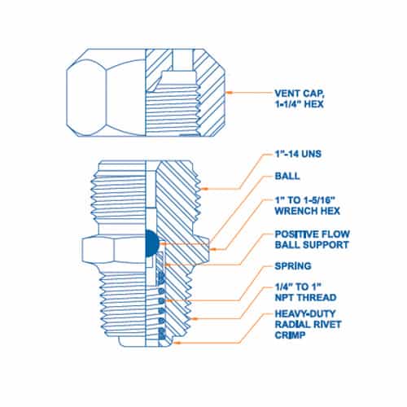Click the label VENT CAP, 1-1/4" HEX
click(300, 98)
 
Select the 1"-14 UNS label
click(298, 154)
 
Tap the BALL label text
click(287, 176)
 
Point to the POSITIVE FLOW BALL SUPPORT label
click(312, 239)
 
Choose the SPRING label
click(293, 266)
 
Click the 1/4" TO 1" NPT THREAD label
click(305, 292)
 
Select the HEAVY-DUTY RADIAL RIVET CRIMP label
click(308, 325)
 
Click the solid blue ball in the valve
click(151, 243)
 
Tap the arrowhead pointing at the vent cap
click(230, 93)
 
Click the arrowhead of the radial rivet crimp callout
click(177, 343)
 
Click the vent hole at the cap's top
click(182, 60)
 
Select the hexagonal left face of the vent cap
click(85, 98)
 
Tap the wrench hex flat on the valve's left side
click(98, 249)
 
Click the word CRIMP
click(290, 335)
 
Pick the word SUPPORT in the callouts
click(325, 245)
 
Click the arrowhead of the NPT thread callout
click(195, 318)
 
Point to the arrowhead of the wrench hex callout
click(213, 249)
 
